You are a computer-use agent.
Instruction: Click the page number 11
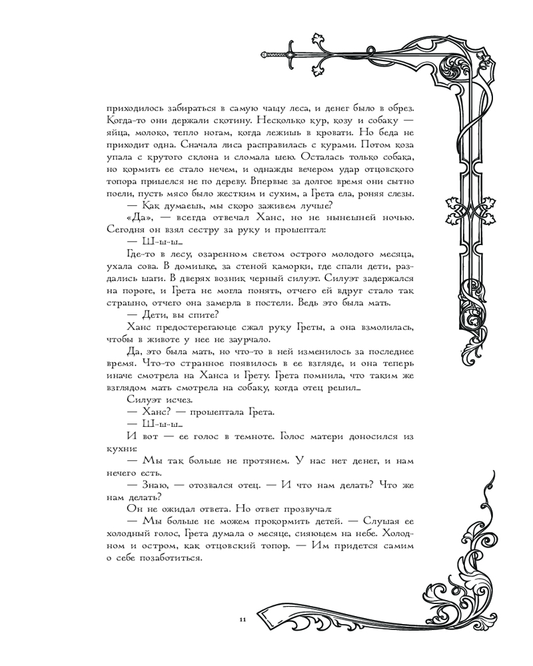[242, 620]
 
